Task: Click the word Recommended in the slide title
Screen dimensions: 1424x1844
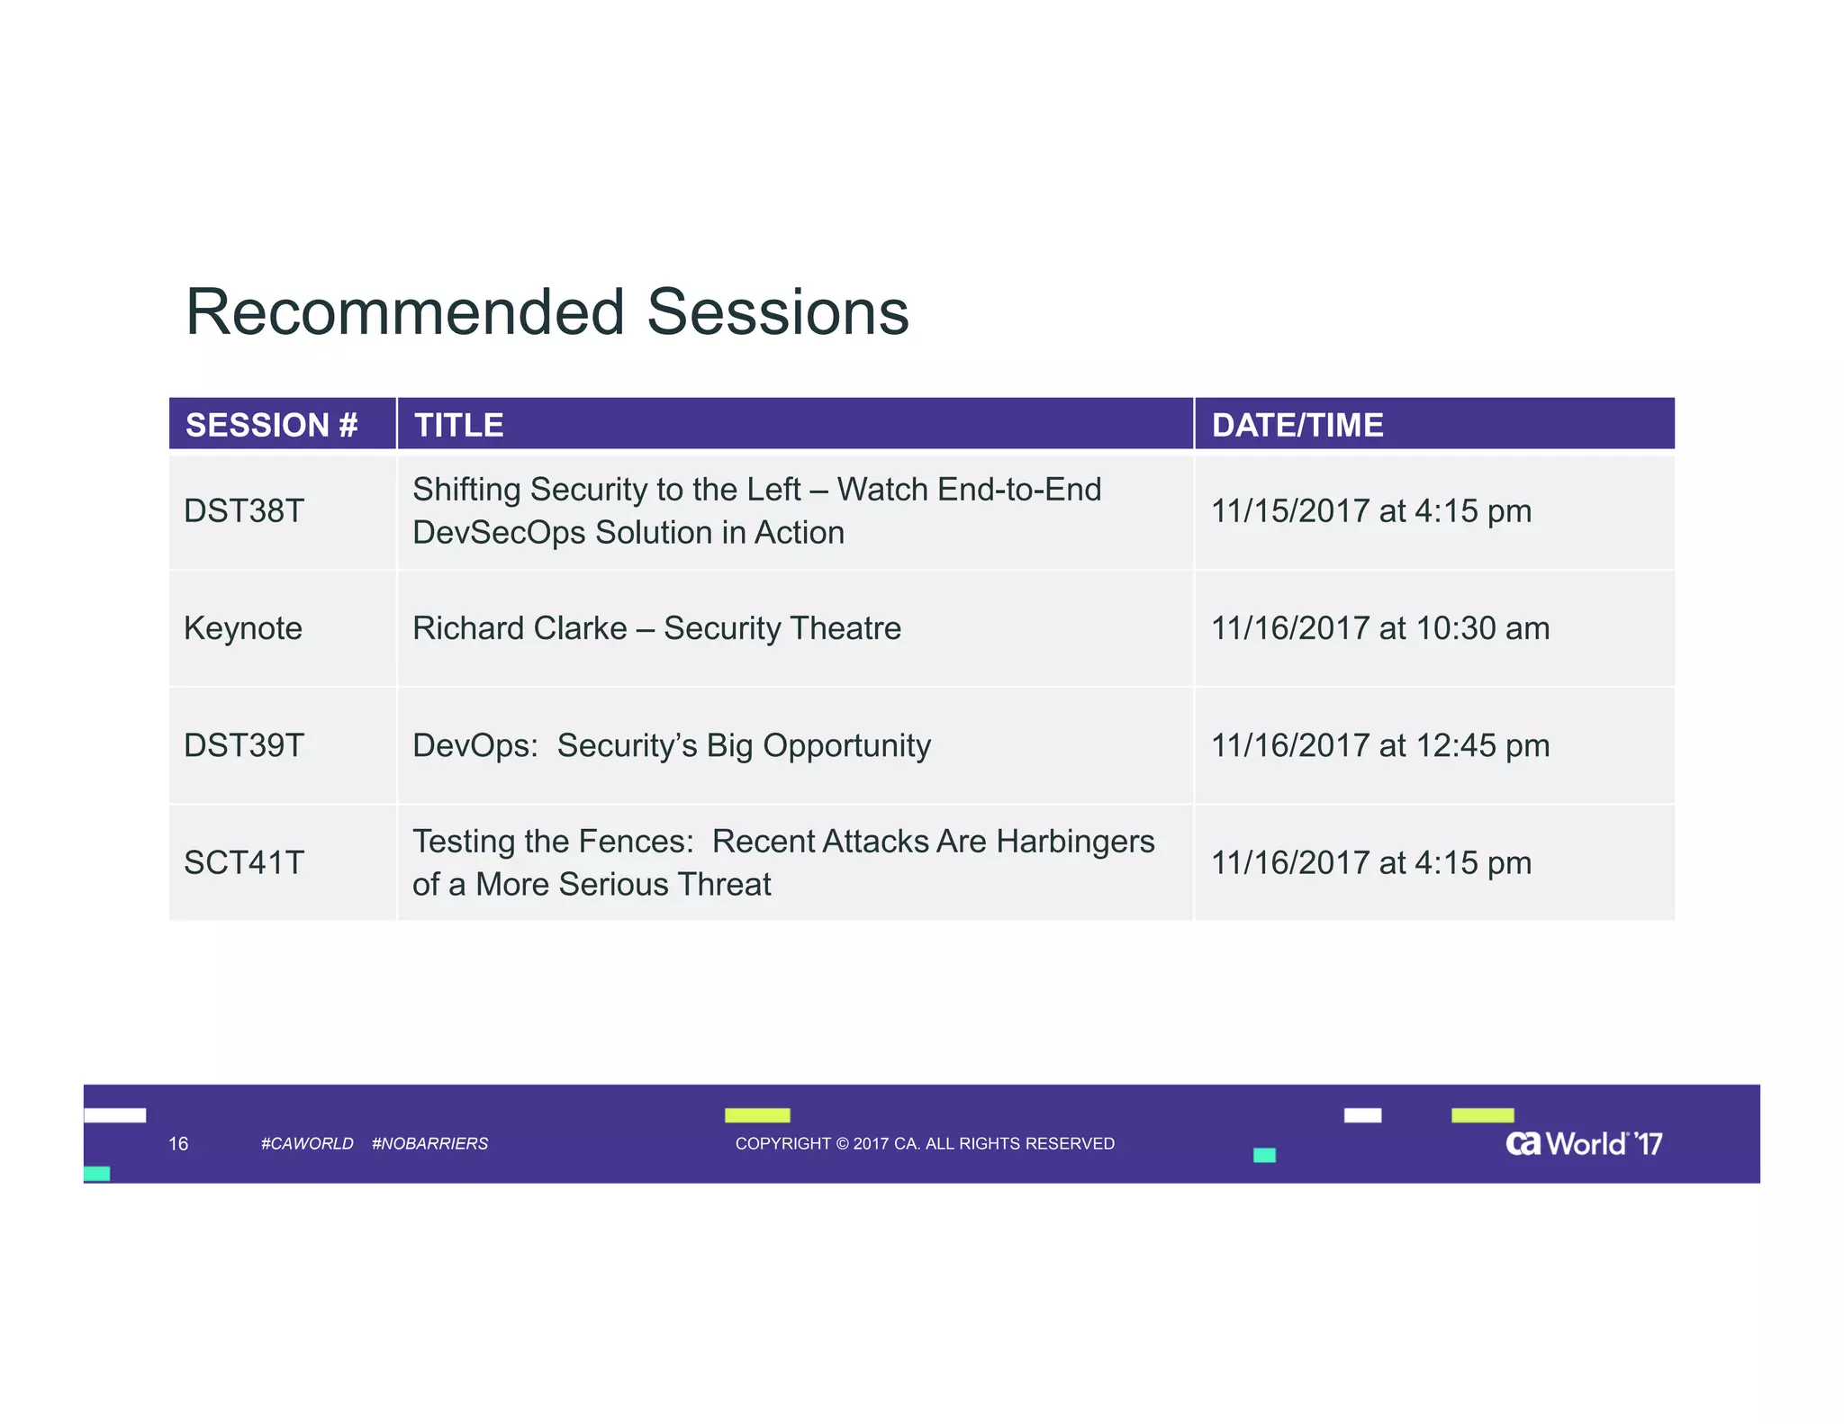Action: [404, 312]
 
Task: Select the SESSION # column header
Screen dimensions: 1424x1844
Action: [271, 425]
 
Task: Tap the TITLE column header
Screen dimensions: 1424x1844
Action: [458, 425]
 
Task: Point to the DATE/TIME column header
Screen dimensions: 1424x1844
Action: [1297, 425]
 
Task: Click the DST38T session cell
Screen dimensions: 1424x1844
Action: [244, 511]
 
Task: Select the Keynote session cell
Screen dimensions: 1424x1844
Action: [243, 628]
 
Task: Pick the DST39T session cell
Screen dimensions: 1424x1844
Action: [244, 745]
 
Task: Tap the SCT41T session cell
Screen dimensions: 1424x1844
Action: [244, 862]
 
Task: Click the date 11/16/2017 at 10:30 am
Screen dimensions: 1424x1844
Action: [1379, 628]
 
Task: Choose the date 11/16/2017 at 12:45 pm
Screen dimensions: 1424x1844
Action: [1379, 745]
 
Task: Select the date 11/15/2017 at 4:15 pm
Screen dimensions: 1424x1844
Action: [1370, 511]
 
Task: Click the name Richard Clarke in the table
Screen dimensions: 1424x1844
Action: [520, 628]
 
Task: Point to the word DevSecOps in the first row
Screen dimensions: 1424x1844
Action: [499, 533]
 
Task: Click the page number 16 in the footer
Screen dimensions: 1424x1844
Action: [178, 1143]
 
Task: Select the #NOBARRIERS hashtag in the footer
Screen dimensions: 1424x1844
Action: [429, 1143]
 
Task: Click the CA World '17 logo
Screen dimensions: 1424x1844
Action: [1583, 1143]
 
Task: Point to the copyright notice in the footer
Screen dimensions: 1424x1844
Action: [925, 1143]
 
